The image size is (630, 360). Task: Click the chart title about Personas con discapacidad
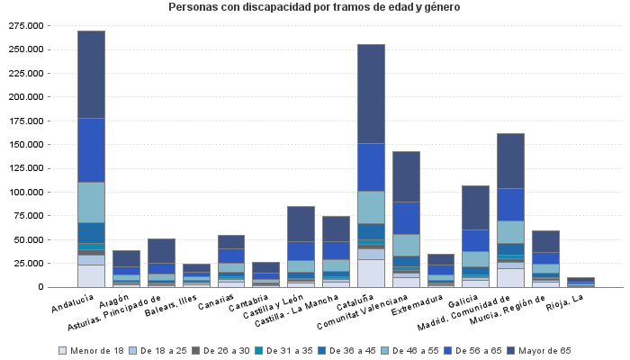tap(314, 7)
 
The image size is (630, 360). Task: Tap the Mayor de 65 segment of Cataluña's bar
tap(371, 94)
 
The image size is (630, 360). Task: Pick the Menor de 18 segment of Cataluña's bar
tap(371, 273)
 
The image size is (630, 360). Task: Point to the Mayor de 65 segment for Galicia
tap(476, 208)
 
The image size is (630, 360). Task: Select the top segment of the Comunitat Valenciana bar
tap(406, 176)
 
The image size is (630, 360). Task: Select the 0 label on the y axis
tap(40, 287)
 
